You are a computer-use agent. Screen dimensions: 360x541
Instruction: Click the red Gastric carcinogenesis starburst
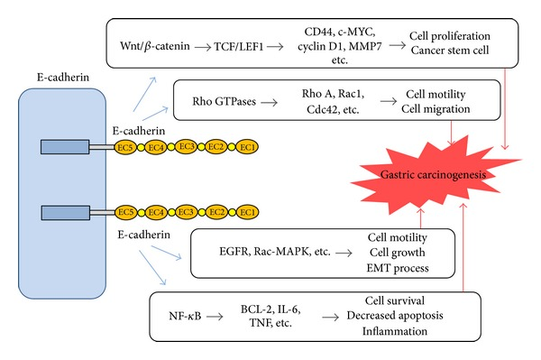click(x=418, y=171)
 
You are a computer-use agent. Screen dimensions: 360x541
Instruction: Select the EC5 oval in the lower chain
click(x=126, y=213)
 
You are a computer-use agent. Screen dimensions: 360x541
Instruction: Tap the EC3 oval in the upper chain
click(x=187, y=144)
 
